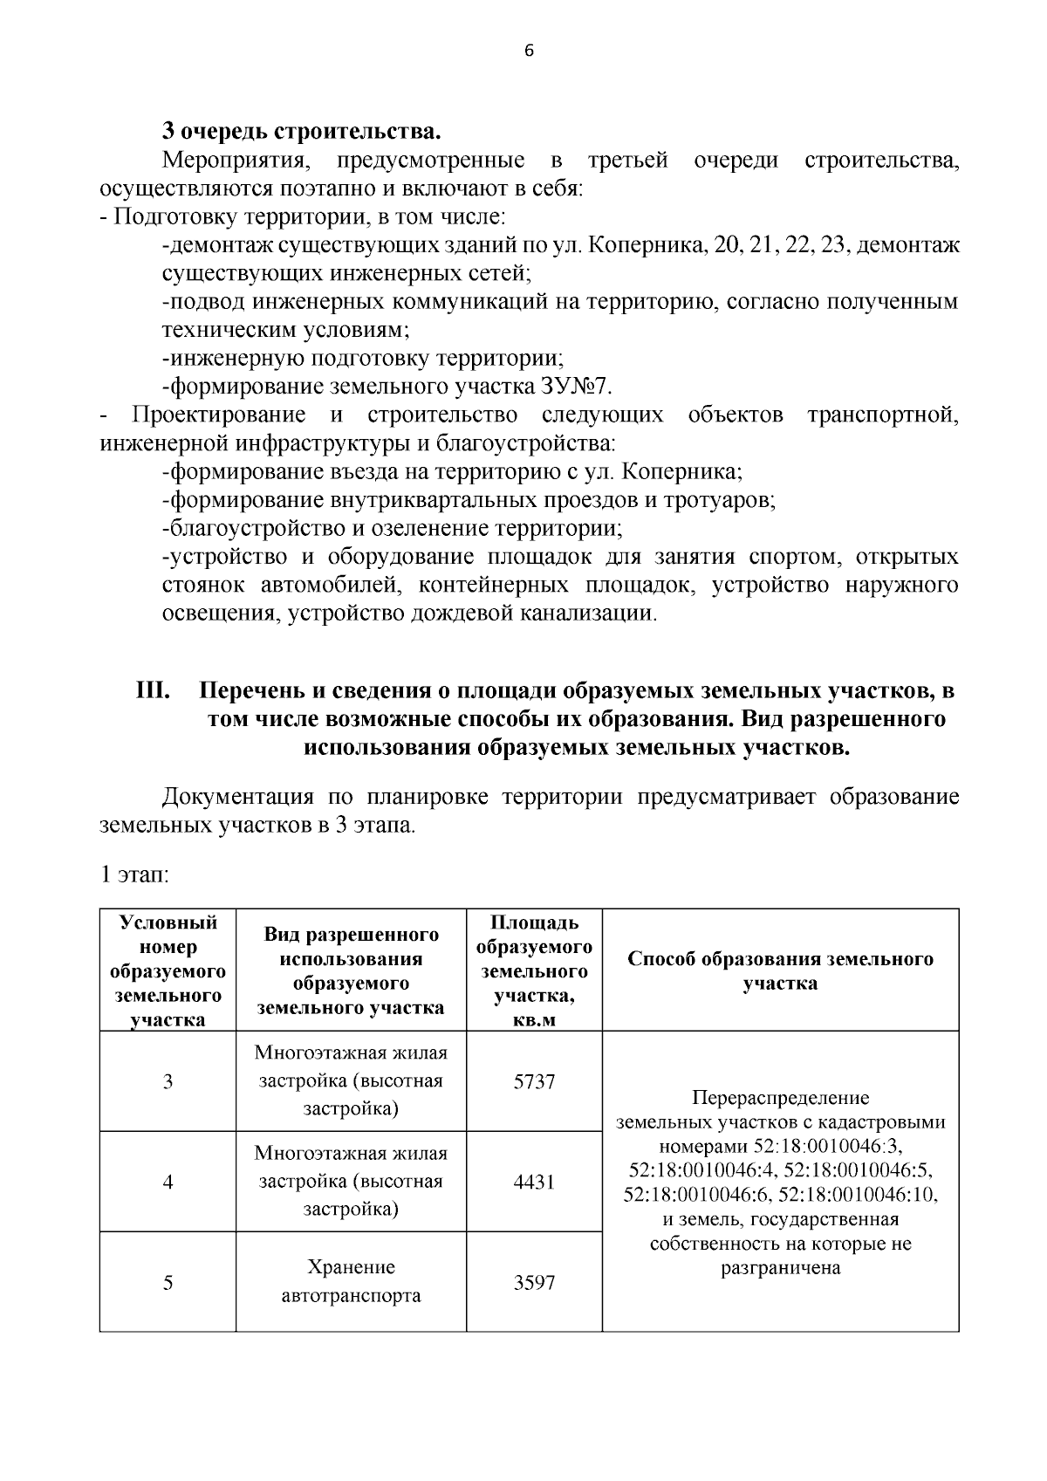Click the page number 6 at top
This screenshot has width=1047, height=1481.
pyautogui.click(x=528, y=51)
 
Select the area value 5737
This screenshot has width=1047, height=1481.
pyautogui.click(x=534, y=1081)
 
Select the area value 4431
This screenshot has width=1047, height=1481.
pyautogui.click(x=534, y=1182)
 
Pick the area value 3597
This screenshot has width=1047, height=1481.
pyautogui.click(x=534, y=1283)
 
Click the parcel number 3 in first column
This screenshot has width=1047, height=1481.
pyautogui.click(x=168, y=1081)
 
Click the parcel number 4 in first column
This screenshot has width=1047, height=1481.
pyautogui.click(x=168, y=1182)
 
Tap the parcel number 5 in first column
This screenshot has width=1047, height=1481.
pyautogui.click(x=168, y=1283)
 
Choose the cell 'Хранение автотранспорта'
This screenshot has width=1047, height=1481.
pyautogui.click(x=351, y=1281)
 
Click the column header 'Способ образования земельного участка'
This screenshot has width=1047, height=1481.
pyautogui.click(x=780, y=970)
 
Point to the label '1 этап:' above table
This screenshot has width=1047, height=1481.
pyautogui.click(x=134, y=875)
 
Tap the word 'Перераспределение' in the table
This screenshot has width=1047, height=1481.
pyautogui.click(x=780, y=1097)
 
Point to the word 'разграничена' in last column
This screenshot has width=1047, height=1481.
pyautogui.click(x=780, y=1268)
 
